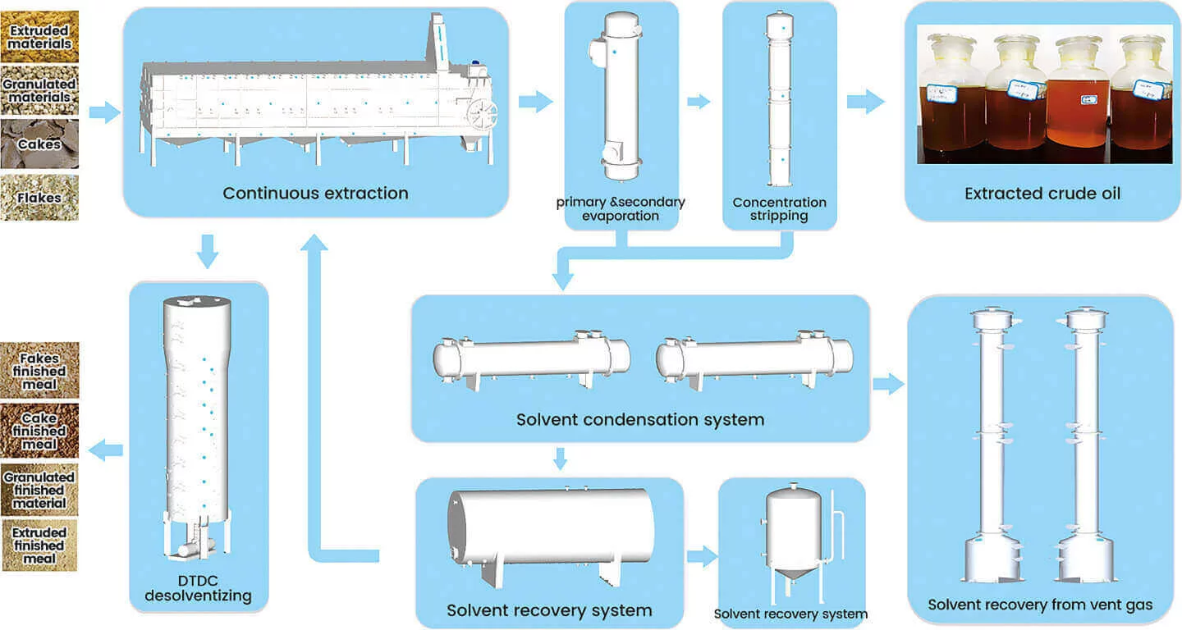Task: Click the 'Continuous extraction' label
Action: (315, 194)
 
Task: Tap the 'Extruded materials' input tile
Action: (39, 36)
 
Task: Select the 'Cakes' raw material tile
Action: (39, 144)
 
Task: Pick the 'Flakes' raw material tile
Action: (39, 197)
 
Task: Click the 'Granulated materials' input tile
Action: (39, 90)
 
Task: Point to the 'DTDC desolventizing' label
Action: (198, 588)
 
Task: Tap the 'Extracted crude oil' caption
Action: (1042, 194)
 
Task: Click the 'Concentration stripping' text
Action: (779, 208)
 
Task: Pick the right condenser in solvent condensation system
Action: (754, 358)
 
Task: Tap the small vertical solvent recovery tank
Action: (793, 533)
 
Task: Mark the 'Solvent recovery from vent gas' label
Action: (1040, 605)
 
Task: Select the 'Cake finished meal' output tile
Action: (39, 431)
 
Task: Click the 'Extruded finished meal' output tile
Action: (39, 546)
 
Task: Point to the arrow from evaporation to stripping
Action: (699, 102)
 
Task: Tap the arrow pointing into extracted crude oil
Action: (865, 102)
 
